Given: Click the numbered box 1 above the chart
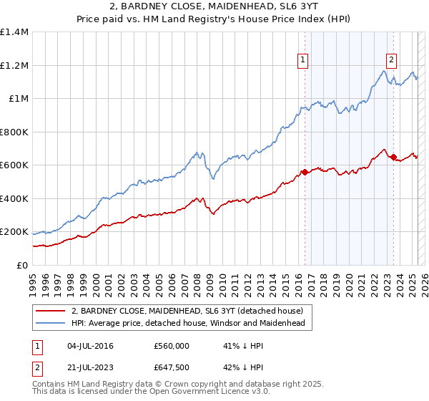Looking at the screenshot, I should tap(304, 60).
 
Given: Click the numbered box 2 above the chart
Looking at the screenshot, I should tap(393, 60).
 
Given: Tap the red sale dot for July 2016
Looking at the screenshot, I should tap(305, 172).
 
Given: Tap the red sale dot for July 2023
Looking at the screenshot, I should tap(394, 158).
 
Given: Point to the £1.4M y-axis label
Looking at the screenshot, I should tap(14, 32).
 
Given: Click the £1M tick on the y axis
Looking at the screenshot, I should tap(19, 99).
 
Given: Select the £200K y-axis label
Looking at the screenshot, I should tap(14, 232).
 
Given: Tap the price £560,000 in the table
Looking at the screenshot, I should tap(171, 346).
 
